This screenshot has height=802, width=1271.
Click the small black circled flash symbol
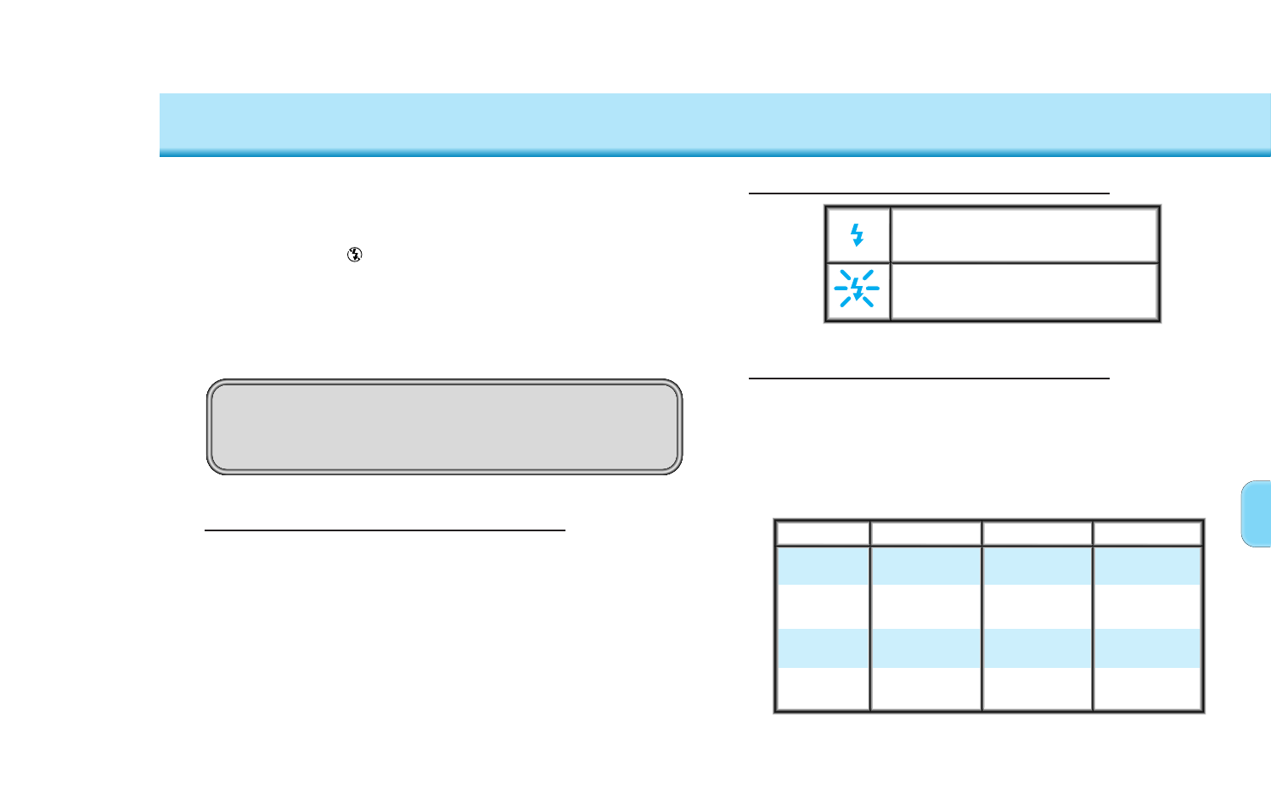coord(355,255)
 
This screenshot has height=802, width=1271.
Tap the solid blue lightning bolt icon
coord(858,235)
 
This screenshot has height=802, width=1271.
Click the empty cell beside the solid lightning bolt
coord(1024,235)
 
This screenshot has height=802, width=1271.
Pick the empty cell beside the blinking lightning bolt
coord(1024,291)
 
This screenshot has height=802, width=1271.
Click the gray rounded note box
coord(444,426)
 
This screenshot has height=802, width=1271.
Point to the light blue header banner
coord(715,124)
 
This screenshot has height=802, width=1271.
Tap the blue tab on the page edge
coord(1256,513)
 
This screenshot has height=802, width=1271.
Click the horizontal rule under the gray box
coord(385,530)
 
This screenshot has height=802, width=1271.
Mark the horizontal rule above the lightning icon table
coord(929,193)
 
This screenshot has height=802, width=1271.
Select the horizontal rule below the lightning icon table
coord(929,378)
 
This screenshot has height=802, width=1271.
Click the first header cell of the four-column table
coord(823,534)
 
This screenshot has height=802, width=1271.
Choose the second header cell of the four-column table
coord(925,534)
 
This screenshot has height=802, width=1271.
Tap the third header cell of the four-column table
coord(1037,534)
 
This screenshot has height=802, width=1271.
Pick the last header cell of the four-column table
coord(1147,534)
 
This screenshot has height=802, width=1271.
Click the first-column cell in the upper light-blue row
coord(823,565)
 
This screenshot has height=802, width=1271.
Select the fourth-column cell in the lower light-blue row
coord(1147,648)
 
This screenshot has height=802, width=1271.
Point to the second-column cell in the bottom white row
coord(925,688)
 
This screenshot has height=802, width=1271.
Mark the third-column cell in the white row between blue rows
coord(1037,607)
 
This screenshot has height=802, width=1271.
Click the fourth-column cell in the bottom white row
coord(1147,688)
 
